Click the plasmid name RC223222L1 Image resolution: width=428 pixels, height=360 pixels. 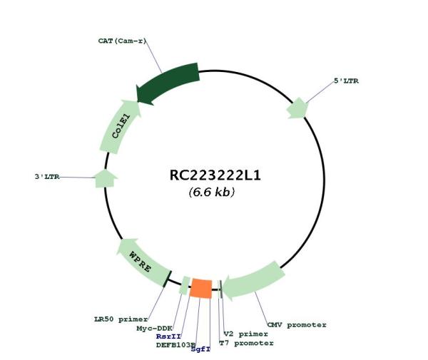click(215, 175)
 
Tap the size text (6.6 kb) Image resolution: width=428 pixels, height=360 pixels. click(212, 192)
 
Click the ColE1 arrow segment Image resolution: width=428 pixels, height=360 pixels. click(120, 126)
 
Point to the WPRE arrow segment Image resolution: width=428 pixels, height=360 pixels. click(142, 262)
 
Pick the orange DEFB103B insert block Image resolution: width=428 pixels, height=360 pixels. click(201, 288)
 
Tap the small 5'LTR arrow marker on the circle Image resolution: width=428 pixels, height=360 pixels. click(297, 108)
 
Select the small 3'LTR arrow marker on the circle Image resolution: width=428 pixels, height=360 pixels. click(106, 179)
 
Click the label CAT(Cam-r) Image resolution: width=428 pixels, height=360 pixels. click(122, 41)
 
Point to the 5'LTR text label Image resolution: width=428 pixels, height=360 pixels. click(347, 81)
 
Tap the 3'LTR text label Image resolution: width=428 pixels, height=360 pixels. click(47, 177)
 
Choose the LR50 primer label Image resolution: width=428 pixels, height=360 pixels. click(121, 319)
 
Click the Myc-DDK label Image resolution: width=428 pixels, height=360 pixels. click(154, 329)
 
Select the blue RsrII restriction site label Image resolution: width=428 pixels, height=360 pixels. click(168, 336)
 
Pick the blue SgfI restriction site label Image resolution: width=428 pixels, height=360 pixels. click(200, 349)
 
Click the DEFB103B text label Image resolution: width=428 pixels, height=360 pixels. click(175, 345)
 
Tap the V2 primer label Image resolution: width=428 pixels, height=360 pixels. click(245, 334)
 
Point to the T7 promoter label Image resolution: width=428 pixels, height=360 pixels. click(247, 343)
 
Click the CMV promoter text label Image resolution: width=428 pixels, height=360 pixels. click(297, 325)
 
